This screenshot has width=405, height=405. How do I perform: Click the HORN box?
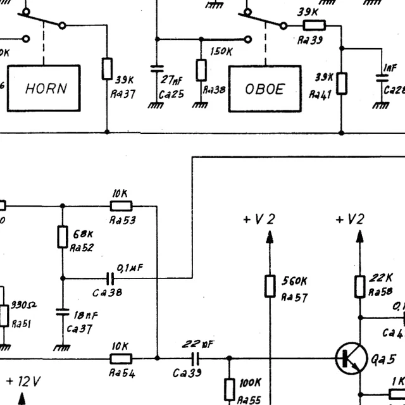click(x=44, y=88)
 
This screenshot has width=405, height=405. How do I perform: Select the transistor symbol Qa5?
click(x=350, y=359)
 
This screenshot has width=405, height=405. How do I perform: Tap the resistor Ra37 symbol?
click(x=107, y=69)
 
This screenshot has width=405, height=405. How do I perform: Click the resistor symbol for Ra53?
click(x=121, y=206)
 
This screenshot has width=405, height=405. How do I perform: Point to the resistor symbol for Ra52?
click(x=62, y=237)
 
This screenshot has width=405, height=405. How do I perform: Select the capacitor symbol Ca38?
click(x=110, y=278)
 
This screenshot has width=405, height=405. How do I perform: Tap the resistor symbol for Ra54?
click(x=121, y=358)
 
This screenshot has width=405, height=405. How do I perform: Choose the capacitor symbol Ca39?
click(x=187, y=358)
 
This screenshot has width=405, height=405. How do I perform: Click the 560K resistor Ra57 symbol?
click(x=270, y=286)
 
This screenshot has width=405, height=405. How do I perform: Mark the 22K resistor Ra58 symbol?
click(x=359, y=286)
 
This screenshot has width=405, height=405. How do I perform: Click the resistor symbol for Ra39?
click(x=314, y=26)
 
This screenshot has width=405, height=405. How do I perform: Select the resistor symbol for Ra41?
click(x=342, y=83)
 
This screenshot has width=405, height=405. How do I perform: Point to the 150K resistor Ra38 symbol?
click(x=201, y=70)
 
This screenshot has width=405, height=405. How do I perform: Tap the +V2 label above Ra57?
click(x=259, y=220)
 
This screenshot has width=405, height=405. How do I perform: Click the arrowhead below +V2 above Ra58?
click(x=359, y=237)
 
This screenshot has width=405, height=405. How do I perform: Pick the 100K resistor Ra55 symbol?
click(x=229, y=389)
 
